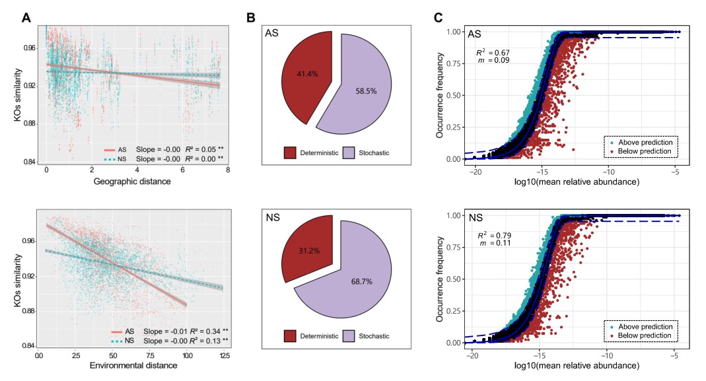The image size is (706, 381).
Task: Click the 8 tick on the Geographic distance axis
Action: point(228,170)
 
